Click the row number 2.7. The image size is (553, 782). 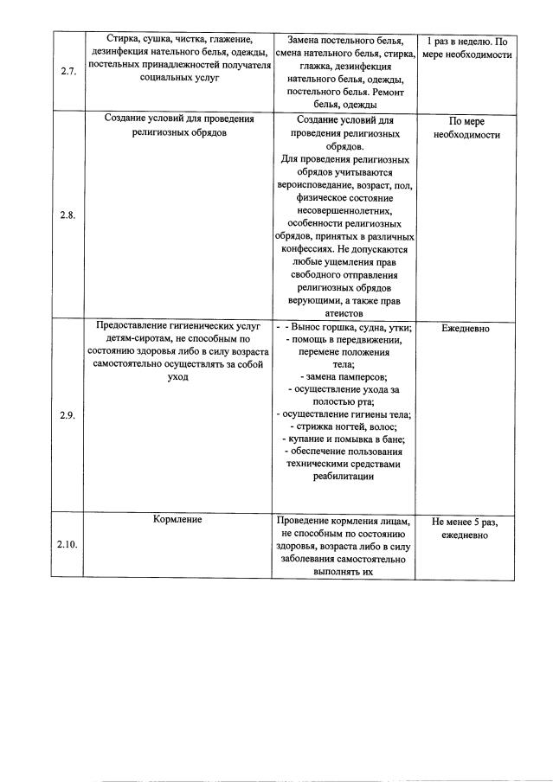click(x=68, y=72)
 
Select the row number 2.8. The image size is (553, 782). click(x=68, y=215)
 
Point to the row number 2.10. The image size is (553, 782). click(x=68, y=545)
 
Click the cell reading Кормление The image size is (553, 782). click(x=177, y=520)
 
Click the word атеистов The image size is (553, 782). click(x=344, y=314)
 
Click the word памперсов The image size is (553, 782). click(x=362, y=376)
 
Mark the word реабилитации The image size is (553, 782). click(x=344, y=476)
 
